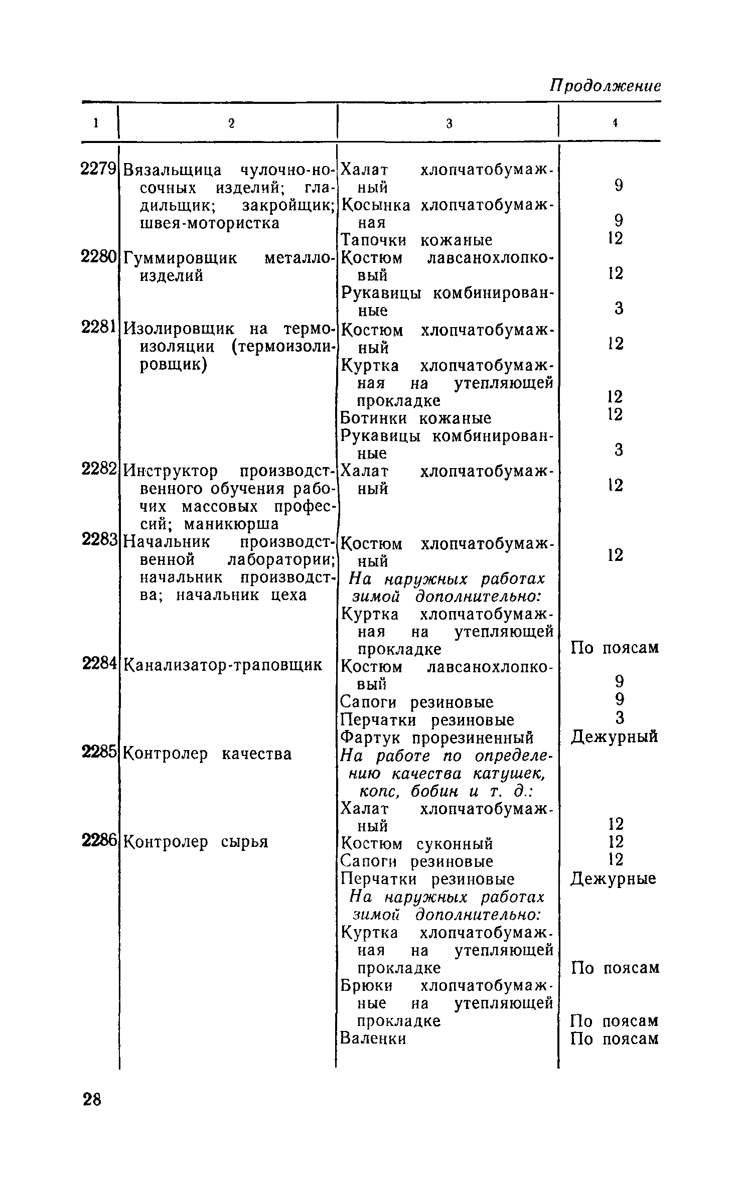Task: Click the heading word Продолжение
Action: coord(606,86)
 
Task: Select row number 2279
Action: coord(99,170)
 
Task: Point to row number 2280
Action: coord(99,257)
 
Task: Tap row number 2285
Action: coord(99,752)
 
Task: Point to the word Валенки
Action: coord(373,1038)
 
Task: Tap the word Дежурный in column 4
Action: coord(614,736)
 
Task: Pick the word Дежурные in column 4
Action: coord(613,878)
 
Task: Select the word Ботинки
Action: coord(373,418)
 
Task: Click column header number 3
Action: coord(449,123)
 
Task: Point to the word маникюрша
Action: coord(231,524)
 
